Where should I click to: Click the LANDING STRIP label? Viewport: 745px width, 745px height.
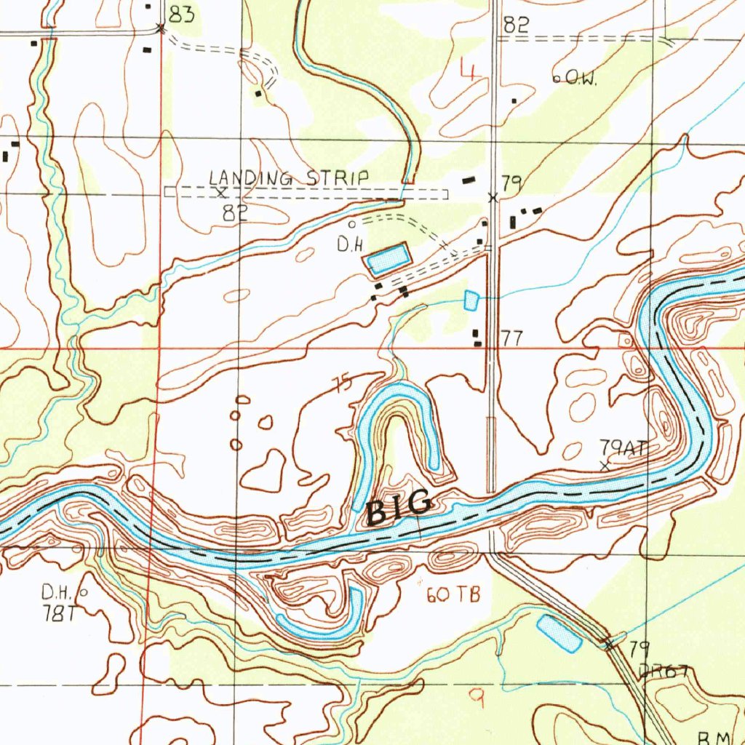(x=289, y=178)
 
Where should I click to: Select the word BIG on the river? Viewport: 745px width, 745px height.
(x=399, y=508)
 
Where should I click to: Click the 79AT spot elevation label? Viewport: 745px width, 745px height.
(x=623, y=447)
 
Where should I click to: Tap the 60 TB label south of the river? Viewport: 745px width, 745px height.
(x=453, y=595)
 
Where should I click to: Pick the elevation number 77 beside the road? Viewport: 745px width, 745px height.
(x=512, y=338)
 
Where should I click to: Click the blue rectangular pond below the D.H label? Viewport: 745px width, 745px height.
(x=388, y=258)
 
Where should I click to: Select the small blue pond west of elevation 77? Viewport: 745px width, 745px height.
(x=471, y=298)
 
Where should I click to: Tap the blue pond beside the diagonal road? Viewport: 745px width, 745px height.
(x=559, y=633)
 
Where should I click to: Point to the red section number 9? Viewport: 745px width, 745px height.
(x=478, y=698)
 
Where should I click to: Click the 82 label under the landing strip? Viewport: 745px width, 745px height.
(x=236, y=212)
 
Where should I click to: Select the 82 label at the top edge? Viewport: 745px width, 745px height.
(x=515, y=25)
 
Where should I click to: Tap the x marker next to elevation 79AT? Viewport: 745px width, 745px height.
(x=605, y=466)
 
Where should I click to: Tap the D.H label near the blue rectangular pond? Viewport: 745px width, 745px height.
(x=349, y=246)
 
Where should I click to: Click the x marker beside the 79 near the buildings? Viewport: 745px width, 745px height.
(x=493, y=197)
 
